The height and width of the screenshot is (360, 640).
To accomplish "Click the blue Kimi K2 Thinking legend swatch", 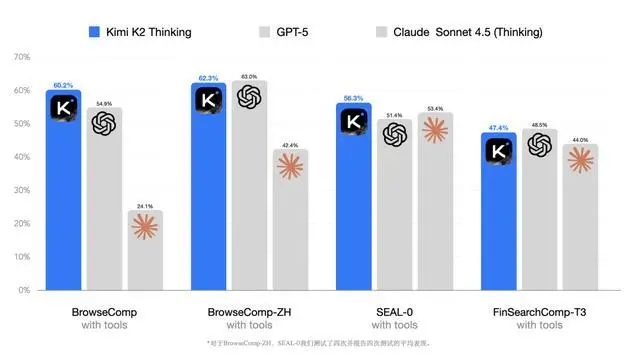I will point(95,32).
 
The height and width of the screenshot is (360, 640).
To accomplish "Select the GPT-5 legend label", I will point(291,32).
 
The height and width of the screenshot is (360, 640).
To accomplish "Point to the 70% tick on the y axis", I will point(22,56).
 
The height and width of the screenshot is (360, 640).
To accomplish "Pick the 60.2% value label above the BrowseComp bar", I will point(64,84).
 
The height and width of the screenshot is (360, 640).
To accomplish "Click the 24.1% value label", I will point(145,205).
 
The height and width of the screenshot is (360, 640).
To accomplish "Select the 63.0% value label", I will point(249,76).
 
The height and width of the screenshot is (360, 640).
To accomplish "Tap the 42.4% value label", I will point(290,145).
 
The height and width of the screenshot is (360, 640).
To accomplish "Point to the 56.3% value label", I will point(354,98).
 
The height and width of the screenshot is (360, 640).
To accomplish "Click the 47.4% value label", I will point(500,128).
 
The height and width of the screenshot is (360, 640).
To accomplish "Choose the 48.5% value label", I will point(539,124).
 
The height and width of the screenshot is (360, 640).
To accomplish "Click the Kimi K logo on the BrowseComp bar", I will point(64,107).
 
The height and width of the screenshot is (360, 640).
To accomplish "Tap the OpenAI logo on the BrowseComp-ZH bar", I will point(249,97).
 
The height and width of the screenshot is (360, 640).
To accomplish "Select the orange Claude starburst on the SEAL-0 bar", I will point(435,130).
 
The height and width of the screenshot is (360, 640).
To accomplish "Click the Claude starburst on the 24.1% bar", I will point(145,227).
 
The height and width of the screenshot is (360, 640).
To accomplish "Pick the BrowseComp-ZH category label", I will point(249,312).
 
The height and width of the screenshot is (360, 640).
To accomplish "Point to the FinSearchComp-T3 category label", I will point(539,312).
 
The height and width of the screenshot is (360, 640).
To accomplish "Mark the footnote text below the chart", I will point(319,343).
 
